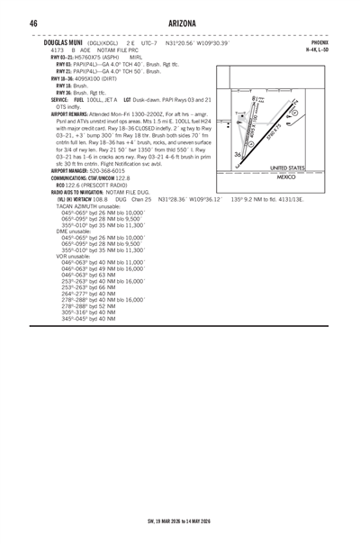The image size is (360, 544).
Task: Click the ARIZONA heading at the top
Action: tap(179, 22)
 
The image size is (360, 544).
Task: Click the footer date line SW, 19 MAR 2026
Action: tap(179, 523)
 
